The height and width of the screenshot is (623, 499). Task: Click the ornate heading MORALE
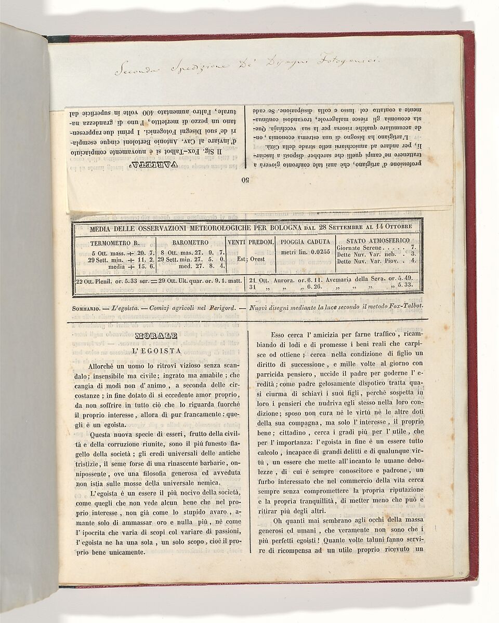click(156, 336)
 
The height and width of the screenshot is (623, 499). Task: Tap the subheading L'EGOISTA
click(156, 351)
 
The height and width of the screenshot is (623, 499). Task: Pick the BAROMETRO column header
click(191, 242)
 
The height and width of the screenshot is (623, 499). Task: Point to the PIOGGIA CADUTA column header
click(305, 242)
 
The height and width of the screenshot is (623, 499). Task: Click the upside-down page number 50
click(245, 181)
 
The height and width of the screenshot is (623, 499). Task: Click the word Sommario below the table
click(86, 307)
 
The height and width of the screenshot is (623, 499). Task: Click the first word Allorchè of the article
click(106, 366)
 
